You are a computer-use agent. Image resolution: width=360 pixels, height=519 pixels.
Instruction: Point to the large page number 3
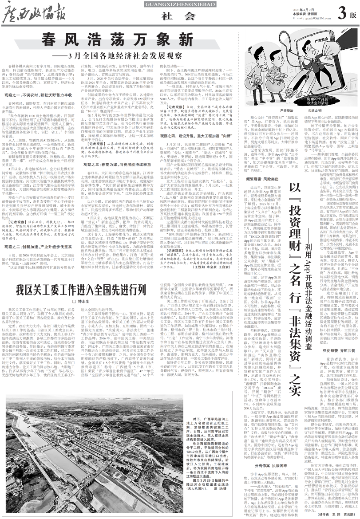[x=341, y=14]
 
